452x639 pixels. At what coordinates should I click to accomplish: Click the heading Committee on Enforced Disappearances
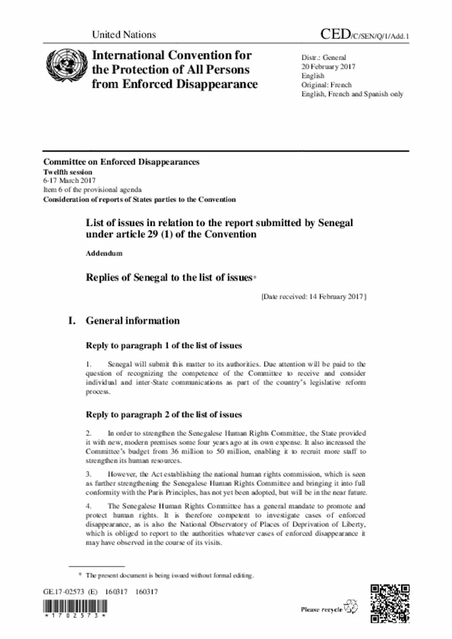(x=121, y=162)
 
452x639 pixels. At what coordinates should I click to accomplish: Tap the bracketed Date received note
(x=313, y=298)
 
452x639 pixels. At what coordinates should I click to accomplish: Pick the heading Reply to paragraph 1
(x=164, y=345)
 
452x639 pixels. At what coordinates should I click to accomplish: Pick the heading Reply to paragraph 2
(x=164, y=414)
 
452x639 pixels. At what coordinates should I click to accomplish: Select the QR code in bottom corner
(x=389, y=602)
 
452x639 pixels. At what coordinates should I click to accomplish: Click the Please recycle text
(x=321, y=609)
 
